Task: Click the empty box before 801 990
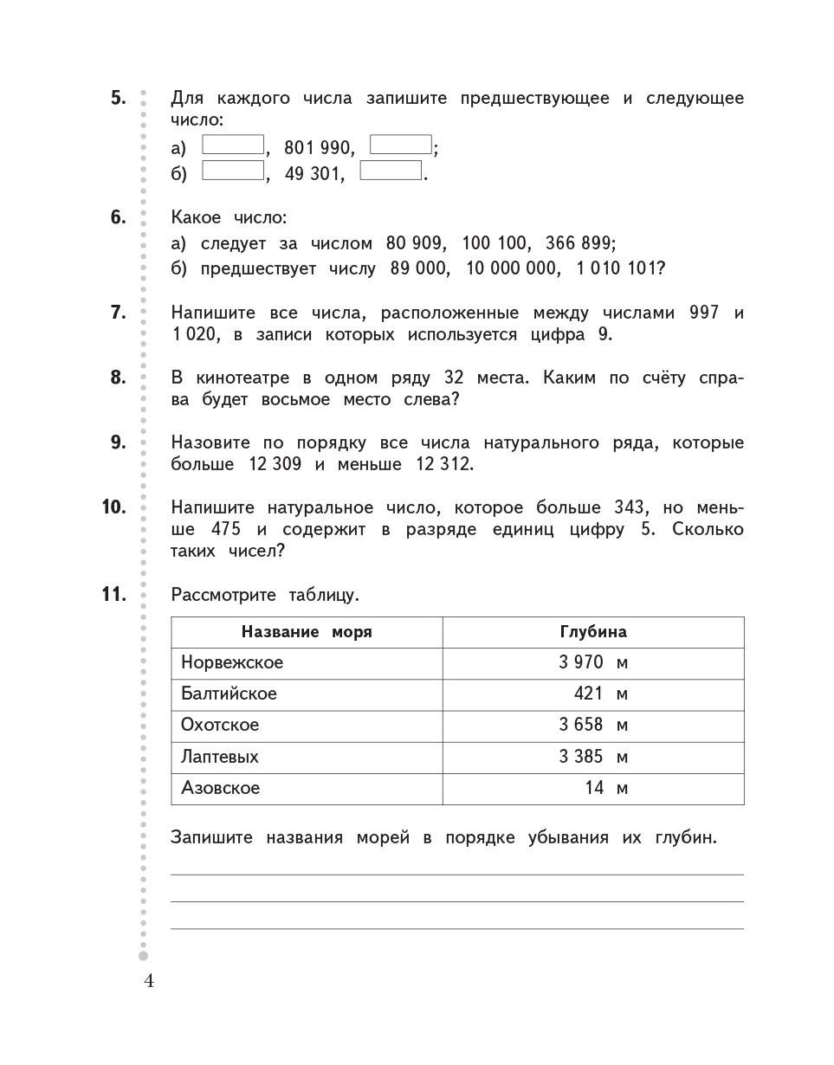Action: (x=233, y=145)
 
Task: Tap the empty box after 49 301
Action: (x=391, y=171)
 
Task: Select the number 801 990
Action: (x=319, y=149)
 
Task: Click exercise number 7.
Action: (x=118, y=313)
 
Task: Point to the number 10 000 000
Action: (x=512, y=269)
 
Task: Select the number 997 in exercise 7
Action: (x=704, y=313)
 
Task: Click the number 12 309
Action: (x=275, y=464)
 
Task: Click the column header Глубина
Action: (x=593, y=632)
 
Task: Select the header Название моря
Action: (x=307, y=632)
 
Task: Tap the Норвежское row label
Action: (x=232, y=663)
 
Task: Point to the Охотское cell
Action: (x=220, y=726)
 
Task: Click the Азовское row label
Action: (x=221, y=788)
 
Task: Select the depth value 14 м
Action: (x=605, y=788)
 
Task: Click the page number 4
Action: (x=149, y=981)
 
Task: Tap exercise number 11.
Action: (x=113, y=594)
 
